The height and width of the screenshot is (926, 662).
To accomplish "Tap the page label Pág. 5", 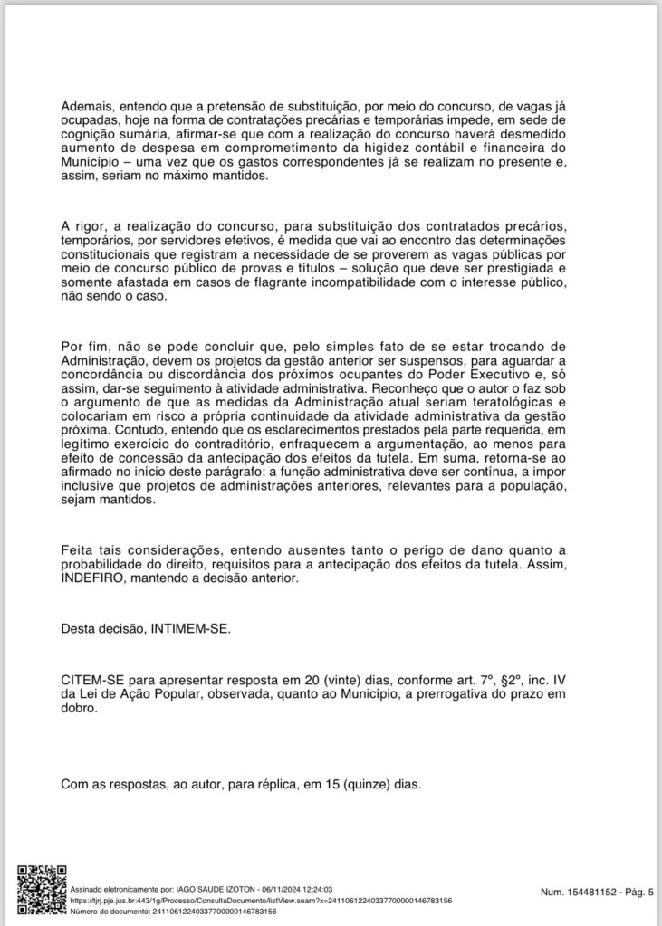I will (634, 893).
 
